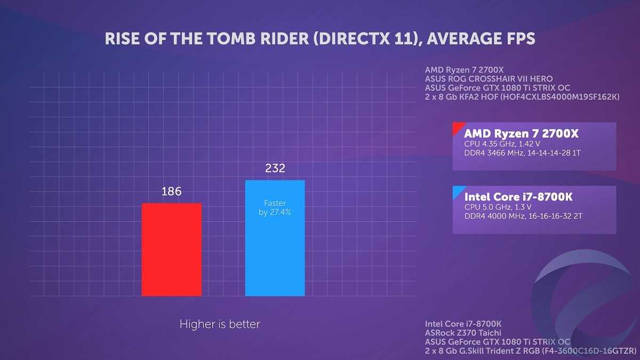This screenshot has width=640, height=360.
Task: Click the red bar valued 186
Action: pyautogui.click(x=171, y=249)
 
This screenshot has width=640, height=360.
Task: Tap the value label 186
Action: pyautogui.click(x=171, y=191)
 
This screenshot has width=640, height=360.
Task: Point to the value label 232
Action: pyautogui.click(x=275, y=169)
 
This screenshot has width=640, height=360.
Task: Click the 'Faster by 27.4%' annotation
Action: pyautogui.click(x=275, y=207)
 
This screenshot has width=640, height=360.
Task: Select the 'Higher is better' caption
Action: pyautogui.click(x=220, y=324)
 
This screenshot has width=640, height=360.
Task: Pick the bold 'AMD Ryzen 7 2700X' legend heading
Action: pyautogui.click(x=521, y=133)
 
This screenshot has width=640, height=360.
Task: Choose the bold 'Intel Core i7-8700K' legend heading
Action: pyautogui.click(x=518, y=197)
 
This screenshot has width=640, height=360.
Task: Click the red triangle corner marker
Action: pyautogui.click(x=457, y=127)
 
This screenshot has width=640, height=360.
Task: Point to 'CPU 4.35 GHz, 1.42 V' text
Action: pyautogui.click(x=502, y=144)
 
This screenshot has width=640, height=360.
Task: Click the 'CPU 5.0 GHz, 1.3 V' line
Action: pyautogui.click(x=498, y=207)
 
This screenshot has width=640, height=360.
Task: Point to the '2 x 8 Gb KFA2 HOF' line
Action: pyautogui.click(x=522, y=97)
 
